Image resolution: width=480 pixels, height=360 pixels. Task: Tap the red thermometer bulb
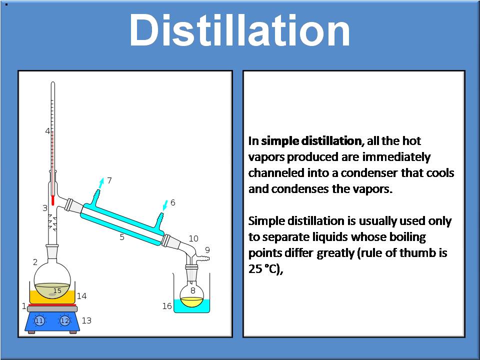coord(52,200)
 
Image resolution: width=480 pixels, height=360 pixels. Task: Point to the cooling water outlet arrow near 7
coord(101,183)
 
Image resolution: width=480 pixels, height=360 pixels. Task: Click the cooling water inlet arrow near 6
coord(164,205)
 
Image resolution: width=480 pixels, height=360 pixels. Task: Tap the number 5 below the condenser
coord(122,237)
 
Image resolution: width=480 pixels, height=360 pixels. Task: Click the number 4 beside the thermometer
coord(48,131)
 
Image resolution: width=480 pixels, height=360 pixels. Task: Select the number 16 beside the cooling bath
coord(167,306)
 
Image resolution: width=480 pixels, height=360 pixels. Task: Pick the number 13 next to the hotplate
coord(86,320)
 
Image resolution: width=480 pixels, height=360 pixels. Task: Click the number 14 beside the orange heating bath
coord(81,296)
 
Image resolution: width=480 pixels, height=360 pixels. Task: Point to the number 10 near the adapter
coord(193,238)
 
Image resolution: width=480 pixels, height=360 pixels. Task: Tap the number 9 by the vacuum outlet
coord(207,249)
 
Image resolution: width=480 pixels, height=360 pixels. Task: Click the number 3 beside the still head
coord(44,208)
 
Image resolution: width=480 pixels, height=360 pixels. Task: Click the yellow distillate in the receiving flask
coord(192,301)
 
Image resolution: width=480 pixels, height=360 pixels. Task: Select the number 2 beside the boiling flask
coord(35,262)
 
